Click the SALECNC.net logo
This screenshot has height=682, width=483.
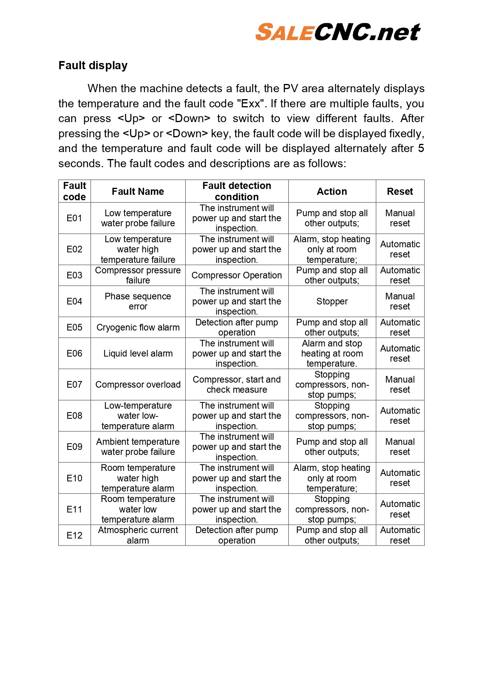coord(338,32)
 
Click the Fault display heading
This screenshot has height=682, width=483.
coord(93,65)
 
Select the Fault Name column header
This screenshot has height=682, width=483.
coord(138,191)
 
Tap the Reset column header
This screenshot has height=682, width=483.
coord(400,191)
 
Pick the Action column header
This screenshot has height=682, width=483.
coord(332,191)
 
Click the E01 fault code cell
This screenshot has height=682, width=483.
coord(74,218)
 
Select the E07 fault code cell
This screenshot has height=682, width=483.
coord(74,385)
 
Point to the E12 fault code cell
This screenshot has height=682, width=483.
coord(74,535)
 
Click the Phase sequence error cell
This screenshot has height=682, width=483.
coord(138,301)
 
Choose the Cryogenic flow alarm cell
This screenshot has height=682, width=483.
coord(138,327)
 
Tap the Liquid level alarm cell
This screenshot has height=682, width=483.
coord(138,353)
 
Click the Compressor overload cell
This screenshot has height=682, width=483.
coord(138,385)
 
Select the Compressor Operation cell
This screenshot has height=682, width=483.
coord(237,275)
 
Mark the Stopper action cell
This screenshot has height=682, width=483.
coord(332,301)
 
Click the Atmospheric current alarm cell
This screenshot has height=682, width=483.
coord(138,535)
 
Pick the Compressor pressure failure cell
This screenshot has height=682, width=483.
coord(138,275)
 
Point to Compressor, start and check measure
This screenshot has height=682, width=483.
coord(237,385)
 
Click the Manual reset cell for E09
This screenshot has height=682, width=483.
coord(400,447)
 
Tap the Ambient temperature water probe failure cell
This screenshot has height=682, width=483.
coord(138,447)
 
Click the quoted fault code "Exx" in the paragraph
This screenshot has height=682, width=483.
coord(251,104)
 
